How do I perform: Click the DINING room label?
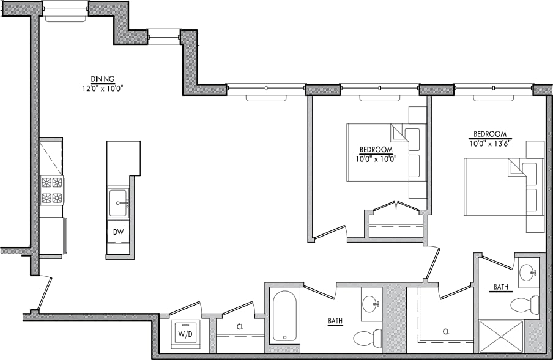click(102, 79)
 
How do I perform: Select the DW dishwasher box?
click(117, 231)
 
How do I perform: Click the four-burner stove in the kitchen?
click(52, 190)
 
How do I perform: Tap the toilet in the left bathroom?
click(367, 337)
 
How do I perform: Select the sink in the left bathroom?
click(370, 304)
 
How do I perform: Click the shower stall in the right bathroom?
click(500, 336)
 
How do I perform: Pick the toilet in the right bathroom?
click(524, 304)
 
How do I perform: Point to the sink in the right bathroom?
click(528, 271)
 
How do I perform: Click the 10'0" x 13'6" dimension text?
click(490, 142)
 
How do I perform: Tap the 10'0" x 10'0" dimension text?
click(376, 158)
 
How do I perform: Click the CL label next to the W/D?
click(240, 327)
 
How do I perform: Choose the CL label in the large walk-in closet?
click(446, 332)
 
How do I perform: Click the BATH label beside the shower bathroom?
click(503, 287)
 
